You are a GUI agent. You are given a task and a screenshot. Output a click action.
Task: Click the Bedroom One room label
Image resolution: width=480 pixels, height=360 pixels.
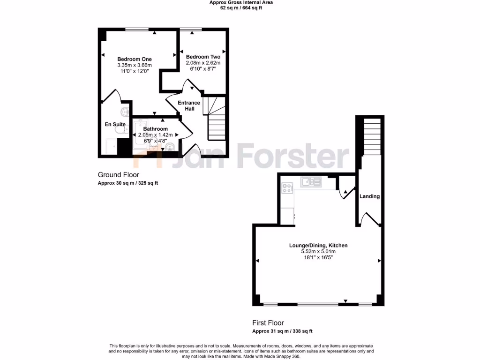[x=134, y=59]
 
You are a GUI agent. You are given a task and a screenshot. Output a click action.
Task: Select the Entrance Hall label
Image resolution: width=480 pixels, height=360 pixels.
[x=189, y=105]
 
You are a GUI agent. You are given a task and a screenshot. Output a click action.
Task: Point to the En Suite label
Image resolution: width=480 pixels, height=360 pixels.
[x=114, y=124]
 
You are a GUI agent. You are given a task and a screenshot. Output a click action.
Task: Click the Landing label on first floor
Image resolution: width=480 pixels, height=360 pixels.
[x=369, y=196]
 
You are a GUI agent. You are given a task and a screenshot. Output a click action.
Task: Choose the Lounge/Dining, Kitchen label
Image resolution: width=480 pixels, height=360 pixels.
[x=318, y=245]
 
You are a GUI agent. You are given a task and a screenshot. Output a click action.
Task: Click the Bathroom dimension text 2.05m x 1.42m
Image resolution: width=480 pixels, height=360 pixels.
[x=155, y=135]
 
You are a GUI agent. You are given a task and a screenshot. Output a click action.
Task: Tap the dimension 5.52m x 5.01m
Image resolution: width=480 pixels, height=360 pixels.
[x=318, y=251]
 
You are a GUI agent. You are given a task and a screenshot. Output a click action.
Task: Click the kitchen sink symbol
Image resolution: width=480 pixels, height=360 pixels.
[x=310, y=181]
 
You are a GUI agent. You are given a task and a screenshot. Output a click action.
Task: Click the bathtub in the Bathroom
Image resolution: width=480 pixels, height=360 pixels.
[x=141, y=136]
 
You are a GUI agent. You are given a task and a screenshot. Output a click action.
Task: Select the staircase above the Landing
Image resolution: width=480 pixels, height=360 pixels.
[x=373, y=136]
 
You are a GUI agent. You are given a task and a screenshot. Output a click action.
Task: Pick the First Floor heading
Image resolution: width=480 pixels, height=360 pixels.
[x=268, y=323]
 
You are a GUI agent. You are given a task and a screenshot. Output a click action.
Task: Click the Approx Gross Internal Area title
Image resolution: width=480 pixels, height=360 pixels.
[x=241, y=2]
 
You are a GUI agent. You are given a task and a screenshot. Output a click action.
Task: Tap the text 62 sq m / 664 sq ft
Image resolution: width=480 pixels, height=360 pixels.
[x=241, y=8]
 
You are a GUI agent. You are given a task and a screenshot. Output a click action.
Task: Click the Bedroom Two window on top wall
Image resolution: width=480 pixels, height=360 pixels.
[x=191, y=30]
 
